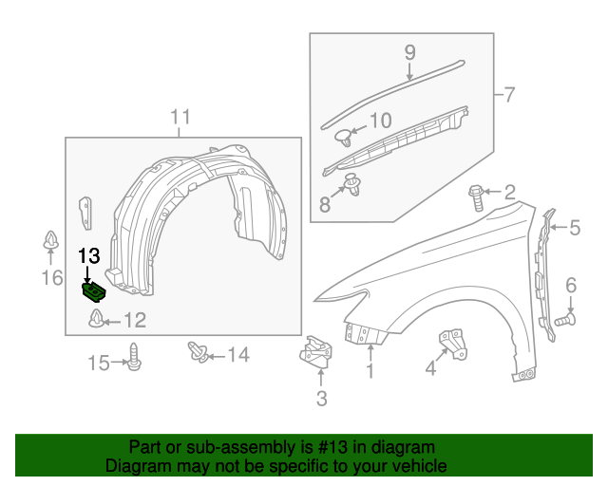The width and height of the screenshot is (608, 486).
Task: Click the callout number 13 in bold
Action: pyautogui.click(x=88, y=256)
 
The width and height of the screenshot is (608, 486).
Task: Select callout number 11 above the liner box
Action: pyautogui.click(x=180, y=118)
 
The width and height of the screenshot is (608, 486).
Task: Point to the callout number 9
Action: pyautogui.click(x=410, y=52)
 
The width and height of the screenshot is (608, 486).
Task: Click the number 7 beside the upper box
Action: pyautogui.click(x=509, y=94)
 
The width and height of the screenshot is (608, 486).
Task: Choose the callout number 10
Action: pyautogui.click(x=380, y=121)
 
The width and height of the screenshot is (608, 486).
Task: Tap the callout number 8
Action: pyautogui.click(x=325, y=203)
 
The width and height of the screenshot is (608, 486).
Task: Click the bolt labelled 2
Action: pyautogui.click(x=477, y=197)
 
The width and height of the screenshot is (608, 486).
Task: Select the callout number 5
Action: pyautogui.click(x=575, y=227)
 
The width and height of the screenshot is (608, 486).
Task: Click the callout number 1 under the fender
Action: pyautogui.click(x=370, y=372)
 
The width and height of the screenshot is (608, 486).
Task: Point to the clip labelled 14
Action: pyautogui.click(x=199, y=352)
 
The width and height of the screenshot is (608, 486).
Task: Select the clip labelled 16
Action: pyautogui.click(x=49, y=243)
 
